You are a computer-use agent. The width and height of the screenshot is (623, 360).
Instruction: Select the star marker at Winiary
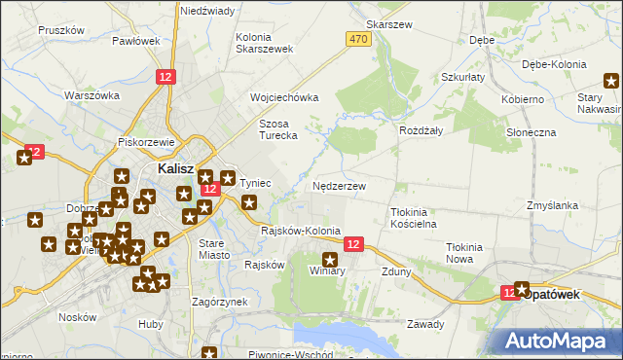pos(330,259)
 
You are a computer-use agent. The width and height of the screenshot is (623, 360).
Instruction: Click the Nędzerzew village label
pos(340,186)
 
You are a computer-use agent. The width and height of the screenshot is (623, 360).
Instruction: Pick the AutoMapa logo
pos(557,341)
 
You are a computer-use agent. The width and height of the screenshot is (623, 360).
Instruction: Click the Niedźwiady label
pos(207,11)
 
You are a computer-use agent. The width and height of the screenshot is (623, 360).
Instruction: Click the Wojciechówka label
pos(284,97)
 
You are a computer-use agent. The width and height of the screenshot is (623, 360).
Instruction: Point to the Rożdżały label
pos(421,129)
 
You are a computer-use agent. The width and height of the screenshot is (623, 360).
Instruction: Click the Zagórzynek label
pos(220,302)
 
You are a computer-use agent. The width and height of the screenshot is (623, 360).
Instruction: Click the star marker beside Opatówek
pos(522,289)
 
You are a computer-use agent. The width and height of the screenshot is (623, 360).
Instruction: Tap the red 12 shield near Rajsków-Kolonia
pos(352,245)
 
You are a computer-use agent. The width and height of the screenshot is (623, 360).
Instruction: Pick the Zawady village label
pos(425,324)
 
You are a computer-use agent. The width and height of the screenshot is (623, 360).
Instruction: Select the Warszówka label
pos(92,95)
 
